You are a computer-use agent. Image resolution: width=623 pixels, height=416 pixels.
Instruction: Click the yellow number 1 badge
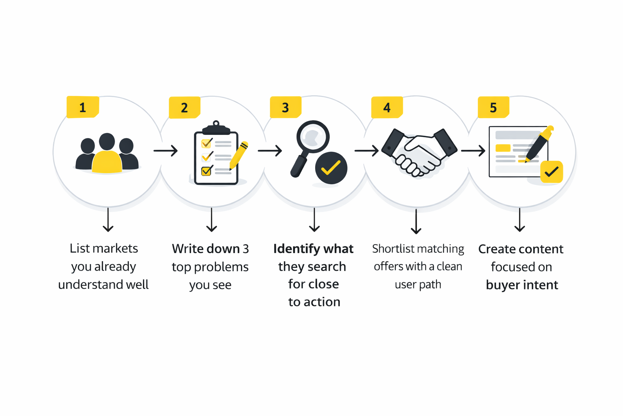coord(83,107)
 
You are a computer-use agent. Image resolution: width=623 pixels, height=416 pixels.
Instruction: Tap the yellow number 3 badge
coord(286,107)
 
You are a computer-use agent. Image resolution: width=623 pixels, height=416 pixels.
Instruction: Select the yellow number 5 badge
coord(493,107)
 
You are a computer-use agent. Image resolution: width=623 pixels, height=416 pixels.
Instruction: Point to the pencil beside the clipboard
coord(238,155)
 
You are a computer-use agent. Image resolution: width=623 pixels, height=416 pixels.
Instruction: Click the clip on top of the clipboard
coord(216,127)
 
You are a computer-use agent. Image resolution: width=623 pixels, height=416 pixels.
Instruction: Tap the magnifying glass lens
coord(313,136)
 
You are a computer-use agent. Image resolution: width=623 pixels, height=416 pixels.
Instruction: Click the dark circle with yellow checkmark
coord(331,168)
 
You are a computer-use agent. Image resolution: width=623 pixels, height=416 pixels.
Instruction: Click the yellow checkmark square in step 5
coord(551,172)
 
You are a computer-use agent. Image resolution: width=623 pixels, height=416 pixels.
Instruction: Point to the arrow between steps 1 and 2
coord(165,151)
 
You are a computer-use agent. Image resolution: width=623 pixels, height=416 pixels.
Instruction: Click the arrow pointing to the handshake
coord(366,151)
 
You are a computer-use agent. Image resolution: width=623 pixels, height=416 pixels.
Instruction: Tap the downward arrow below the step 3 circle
coord(314,220)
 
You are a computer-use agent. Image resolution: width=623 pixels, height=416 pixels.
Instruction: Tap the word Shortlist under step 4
coord(393,249)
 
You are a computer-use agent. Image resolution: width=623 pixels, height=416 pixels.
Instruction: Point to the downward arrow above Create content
coord(520,220)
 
